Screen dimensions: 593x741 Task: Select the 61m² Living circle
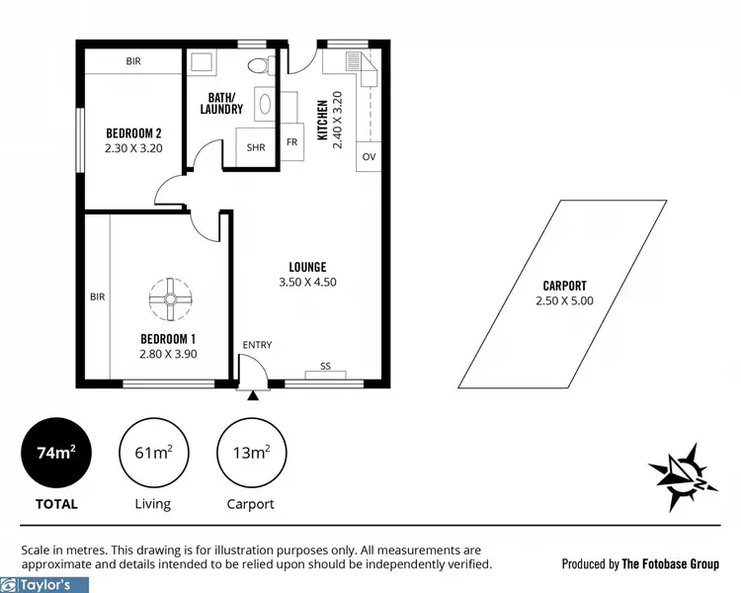pyautogui.click(x=153, y=455)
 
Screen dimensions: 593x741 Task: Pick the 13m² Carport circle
pyautogui.click(x=250, y=455)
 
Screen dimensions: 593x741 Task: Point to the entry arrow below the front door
pyautogui.click(x=254, y=395)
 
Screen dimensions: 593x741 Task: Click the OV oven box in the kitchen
pyautogui.click(x=369, y=157)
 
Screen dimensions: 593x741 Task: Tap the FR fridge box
pyautogui.click(x=291, y=142)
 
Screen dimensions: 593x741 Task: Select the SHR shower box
pyautogui.click(x=257, y=149)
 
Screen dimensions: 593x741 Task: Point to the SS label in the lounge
pyautogui.click(x=325, y=367)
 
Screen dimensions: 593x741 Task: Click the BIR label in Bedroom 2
pyautogui.click(x=133, y=61)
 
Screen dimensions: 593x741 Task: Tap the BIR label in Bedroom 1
pyautogui.click(x=97, y=296)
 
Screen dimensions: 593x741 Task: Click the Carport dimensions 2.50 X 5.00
pyautogui.click(x=565, y=301)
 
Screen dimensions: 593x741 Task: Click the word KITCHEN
pyautogui.click(x=322, y=121)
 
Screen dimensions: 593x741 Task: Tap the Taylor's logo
pyautogui.click(x=37, y=584)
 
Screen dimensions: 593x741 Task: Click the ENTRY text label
pyautogui.click(x=257, y=344)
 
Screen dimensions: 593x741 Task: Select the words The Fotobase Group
pyautogui.click(x=671, y=564)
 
